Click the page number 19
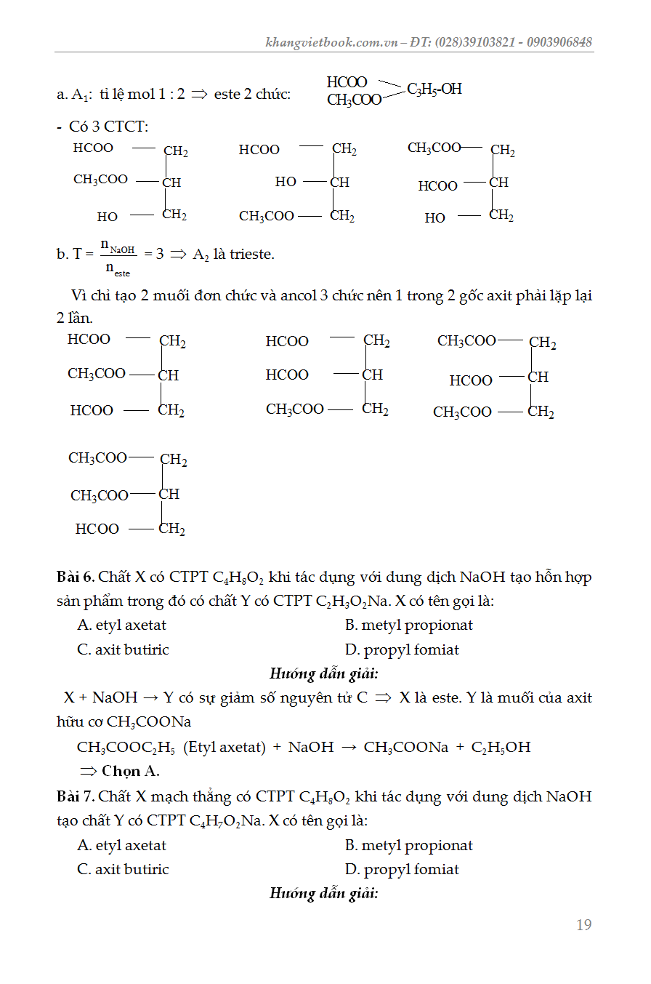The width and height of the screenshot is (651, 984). tap(583, 925)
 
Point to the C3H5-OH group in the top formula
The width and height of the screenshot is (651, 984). tap(434, 89)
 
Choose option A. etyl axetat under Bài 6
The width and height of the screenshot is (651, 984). tap(122, 625)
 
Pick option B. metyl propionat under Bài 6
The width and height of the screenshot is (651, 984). tap(409, 625)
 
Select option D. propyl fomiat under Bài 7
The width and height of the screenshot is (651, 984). tap(403, 869)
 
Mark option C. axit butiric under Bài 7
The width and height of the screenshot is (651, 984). tap(123, 869)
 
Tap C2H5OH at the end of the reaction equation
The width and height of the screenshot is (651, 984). tap(501, 747)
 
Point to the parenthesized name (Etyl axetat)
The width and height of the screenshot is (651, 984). tap(223, 747)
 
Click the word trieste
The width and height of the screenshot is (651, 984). tap(251, 255)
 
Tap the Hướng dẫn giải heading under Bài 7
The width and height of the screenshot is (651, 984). tap(324, 893)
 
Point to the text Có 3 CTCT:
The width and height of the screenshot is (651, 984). tap(108, 127)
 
